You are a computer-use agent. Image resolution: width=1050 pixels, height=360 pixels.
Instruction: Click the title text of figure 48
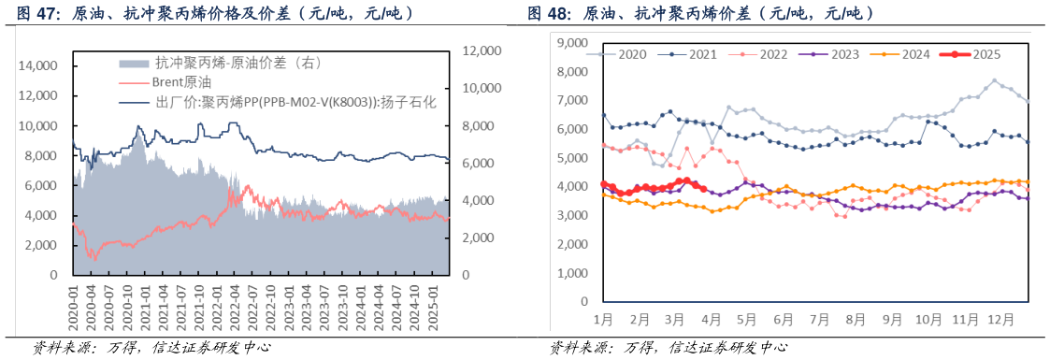701,14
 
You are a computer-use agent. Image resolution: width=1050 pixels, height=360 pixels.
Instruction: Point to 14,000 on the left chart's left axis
39,65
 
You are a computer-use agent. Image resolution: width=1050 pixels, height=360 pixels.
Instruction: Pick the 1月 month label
603,319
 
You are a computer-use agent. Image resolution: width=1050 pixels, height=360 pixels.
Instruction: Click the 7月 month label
819,319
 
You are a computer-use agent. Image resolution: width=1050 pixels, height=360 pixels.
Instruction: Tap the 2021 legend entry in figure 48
703,55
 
